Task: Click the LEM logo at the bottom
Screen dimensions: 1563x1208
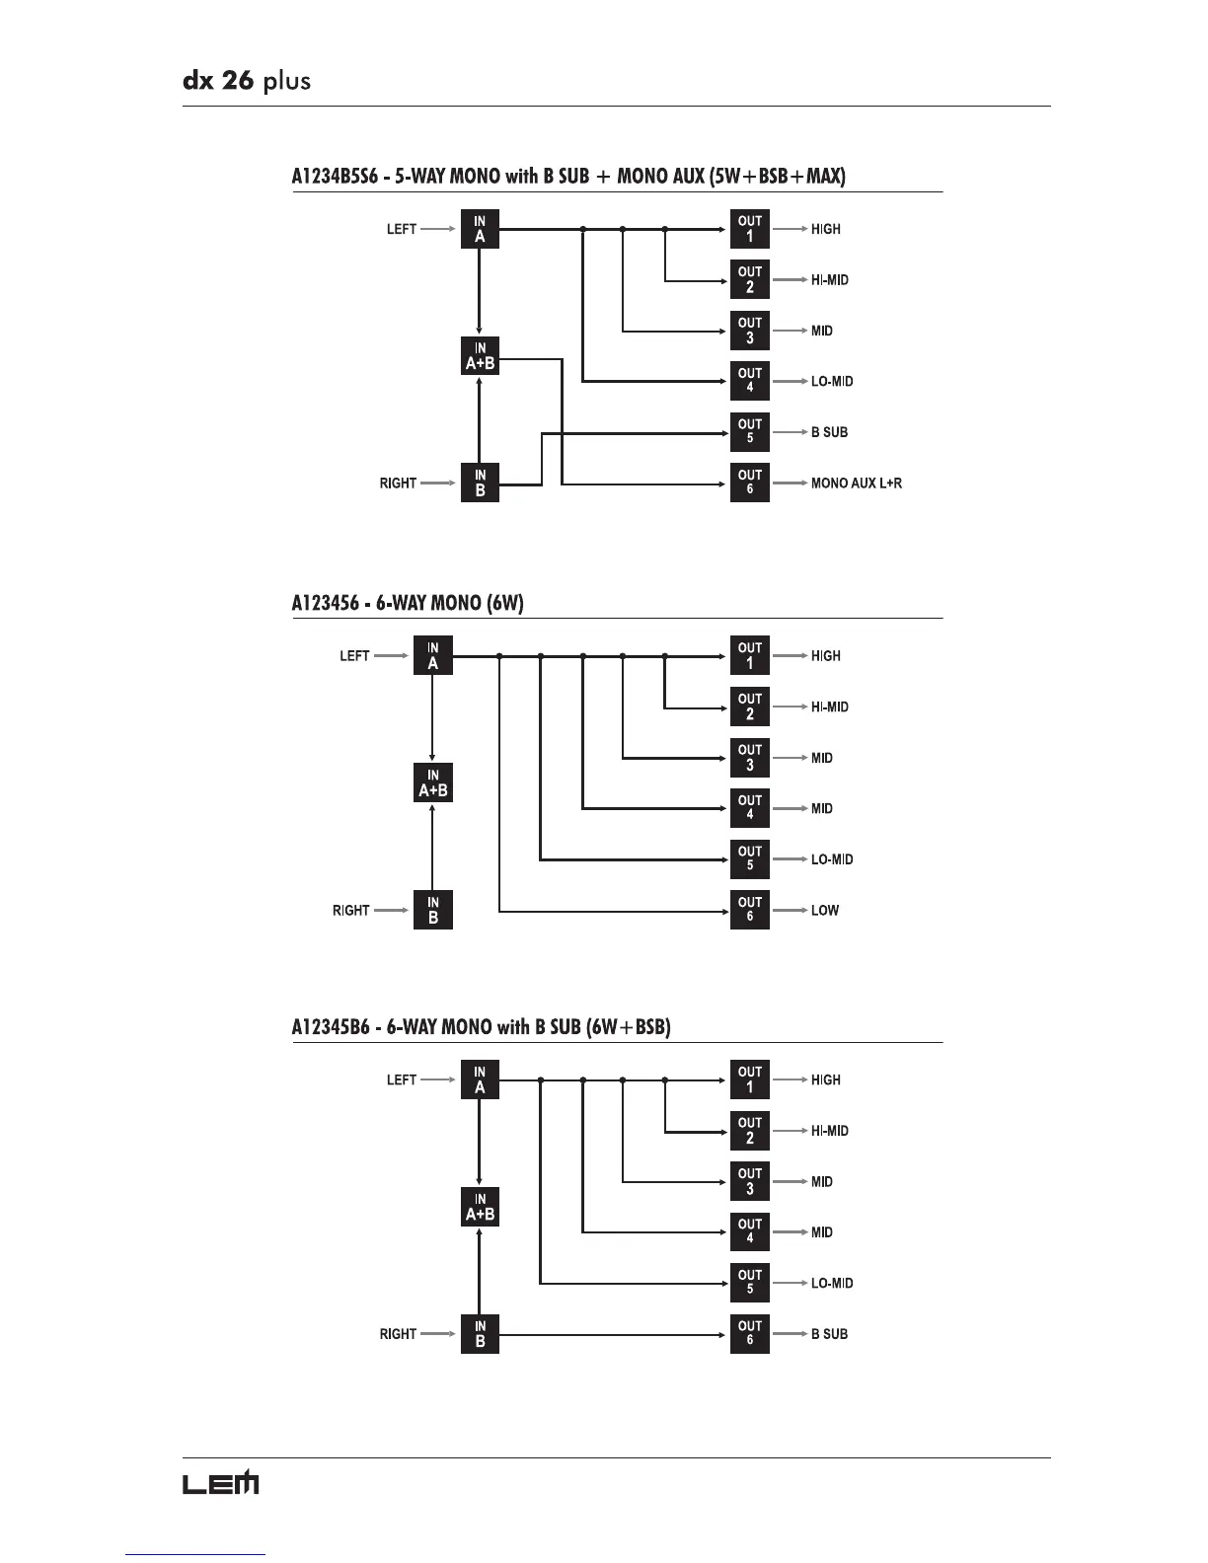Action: coord(220,1482)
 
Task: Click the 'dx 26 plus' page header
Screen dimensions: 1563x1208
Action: coord(247,80)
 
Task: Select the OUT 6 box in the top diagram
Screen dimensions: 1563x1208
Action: coord(749,483)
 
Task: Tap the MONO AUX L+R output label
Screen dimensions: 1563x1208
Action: coord(856,484)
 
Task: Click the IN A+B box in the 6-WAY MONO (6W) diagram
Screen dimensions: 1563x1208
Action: coord(432,782)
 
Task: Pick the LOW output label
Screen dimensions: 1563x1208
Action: coord(824,911)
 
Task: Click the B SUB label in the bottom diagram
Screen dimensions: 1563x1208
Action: coord(829,1334)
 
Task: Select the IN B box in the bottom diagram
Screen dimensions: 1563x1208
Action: coord(480,1334)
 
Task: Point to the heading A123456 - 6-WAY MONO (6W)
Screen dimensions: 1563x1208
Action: coord(408,603)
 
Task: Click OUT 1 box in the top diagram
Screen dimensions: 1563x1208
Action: coord(749,229)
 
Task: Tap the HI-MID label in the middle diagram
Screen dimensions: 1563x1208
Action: coord(829,707)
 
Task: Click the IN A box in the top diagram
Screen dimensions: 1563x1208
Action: coord(480,229)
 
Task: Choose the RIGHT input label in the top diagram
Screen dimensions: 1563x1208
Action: coord(398,484)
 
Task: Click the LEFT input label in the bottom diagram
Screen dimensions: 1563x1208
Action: coord(402,1080)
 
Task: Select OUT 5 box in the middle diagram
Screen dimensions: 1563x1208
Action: coord(749,859)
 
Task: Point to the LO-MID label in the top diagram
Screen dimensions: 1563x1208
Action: coord(832,382)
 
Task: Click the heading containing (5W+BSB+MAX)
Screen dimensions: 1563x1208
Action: coord(568,177)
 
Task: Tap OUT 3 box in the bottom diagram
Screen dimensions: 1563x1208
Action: coord(749,1181)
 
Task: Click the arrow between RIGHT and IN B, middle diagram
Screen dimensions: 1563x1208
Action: coord(392,911)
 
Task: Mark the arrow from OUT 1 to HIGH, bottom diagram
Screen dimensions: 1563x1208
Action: coord(790,1080)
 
